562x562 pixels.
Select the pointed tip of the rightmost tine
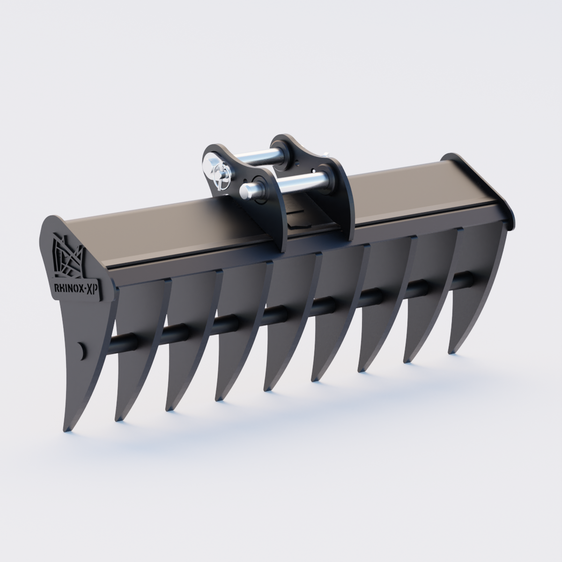pos(451,351)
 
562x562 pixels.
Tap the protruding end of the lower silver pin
pos(246,190)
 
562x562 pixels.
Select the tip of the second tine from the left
pos(117,418)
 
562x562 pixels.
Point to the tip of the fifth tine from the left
pos(267,388)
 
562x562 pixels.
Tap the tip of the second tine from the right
pos(406,360)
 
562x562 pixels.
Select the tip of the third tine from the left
pos(167,408)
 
